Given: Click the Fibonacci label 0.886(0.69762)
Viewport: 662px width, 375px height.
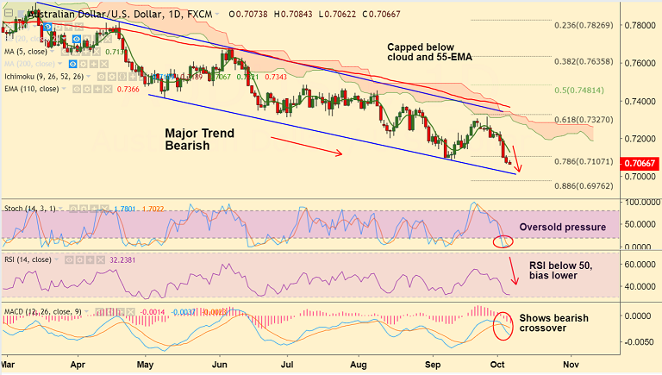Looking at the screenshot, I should coord(584,185).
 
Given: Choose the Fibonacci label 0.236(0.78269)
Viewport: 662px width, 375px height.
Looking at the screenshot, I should coord(584,25).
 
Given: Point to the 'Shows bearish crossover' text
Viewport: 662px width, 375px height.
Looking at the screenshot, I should coord(553,324).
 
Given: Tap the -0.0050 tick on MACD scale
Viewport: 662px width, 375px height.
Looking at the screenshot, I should coord(640,342).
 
